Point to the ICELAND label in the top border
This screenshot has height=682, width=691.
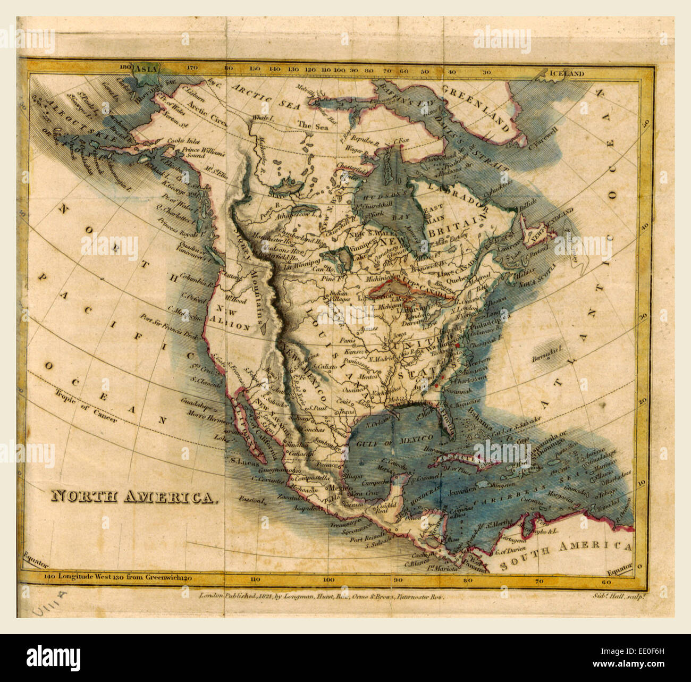click(567, 74)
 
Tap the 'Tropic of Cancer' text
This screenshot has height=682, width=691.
click(85, 408)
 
